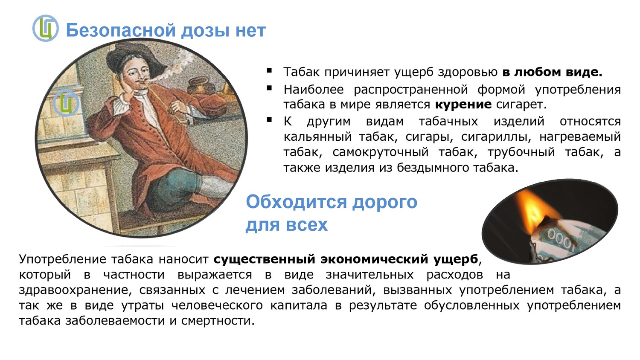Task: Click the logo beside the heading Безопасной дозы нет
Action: coord(45,28)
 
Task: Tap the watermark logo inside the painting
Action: coord(66,103)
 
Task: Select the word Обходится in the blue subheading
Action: coord(296,202)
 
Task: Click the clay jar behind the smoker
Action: coord(201,86)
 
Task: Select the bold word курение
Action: coord(463,104)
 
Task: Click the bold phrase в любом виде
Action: coord(552,72)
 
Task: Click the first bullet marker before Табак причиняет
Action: coord(269,70)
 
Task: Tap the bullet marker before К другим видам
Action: coord(269,120)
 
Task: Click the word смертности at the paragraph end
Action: coord(218,321)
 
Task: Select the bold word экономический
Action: coord(374,259)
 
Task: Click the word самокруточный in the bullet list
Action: coord(381,152)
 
